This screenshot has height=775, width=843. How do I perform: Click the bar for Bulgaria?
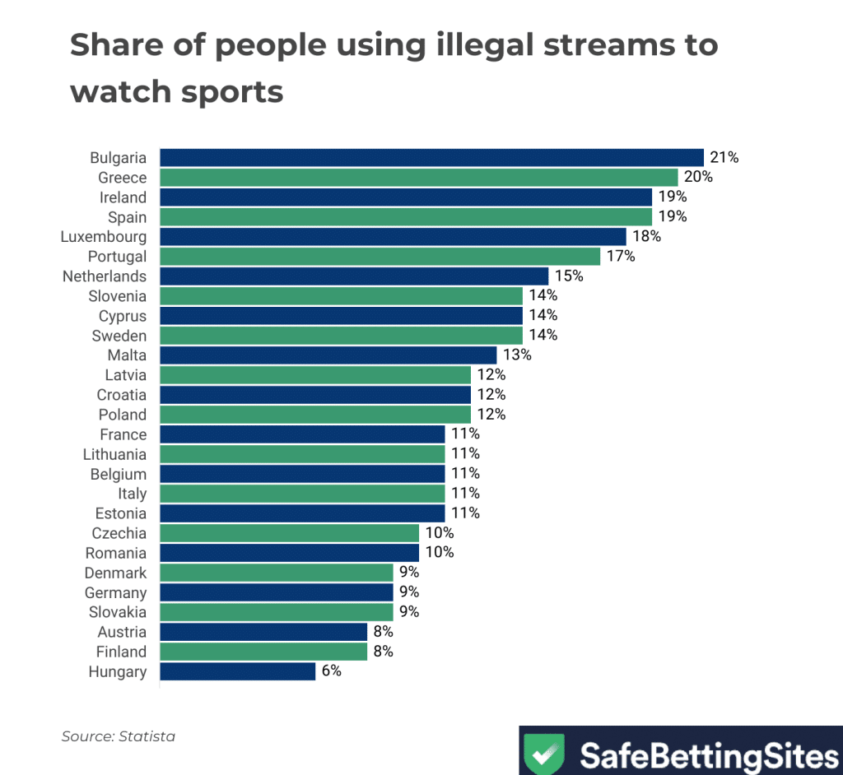point(431,158)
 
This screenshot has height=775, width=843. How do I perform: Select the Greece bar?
point(418,178)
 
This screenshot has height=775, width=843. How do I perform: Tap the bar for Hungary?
point(237,671)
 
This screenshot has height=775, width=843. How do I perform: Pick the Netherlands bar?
point(354,276)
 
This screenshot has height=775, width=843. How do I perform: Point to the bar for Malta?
point(328,355)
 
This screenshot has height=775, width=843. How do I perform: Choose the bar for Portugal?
point(380,257)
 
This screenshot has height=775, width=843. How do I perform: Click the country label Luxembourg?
point(104,237)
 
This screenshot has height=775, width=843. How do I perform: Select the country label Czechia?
point(115,533)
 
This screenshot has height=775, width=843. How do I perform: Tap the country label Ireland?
point(123,197)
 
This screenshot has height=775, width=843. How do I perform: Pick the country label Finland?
point(120,652)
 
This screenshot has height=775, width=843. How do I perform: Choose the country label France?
point(123,434)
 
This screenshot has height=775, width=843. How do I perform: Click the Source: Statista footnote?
point(119,736)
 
